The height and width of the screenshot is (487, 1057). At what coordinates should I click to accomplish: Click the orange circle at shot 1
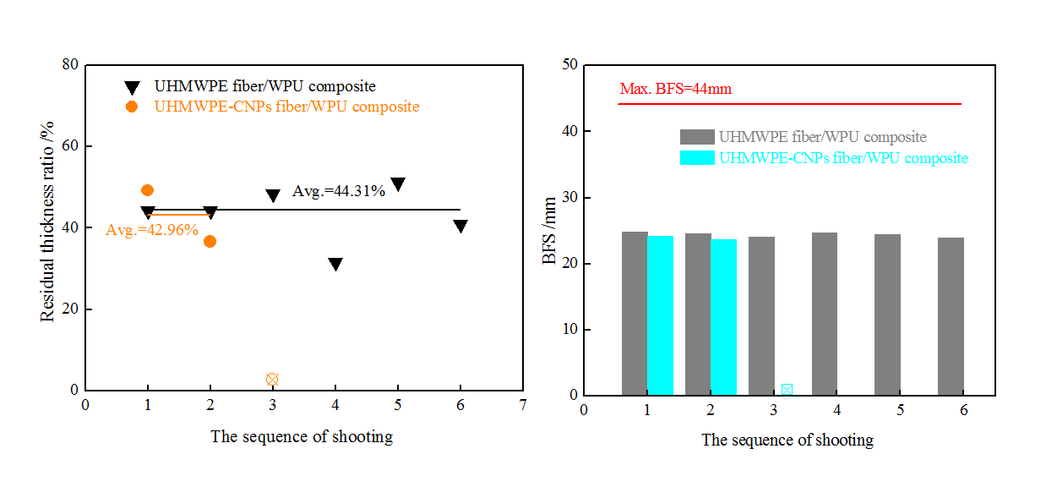click(x=148, y=190)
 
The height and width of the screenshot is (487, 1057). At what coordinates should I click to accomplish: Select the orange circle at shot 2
click(x=210, y=241)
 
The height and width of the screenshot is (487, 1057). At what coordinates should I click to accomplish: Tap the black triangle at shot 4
click(x=335, y=265)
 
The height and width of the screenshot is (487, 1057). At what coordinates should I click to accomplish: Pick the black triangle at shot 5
click(x=398, y=184)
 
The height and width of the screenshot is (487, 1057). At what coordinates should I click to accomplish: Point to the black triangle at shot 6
click(x=460, y=226)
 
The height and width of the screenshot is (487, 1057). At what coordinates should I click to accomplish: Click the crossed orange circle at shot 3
click(x=272, y=380)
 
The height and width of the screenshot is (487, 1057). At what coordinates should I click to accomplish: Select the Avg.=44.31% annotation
click(x=339, y=191)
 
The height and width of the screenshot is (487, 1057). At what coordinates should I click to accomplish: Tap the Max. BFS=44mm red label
click(x=675, y=89)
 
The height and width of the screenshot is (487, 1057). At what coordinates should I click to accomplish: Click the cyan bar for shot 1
click(x=660, y=315)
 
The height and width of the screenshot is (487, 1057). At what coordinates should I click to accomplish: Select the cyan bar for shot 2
click(x=723, y=317)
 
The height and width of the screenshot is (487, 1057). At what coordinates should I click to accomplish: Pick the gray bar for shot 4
click(x=824, y=314)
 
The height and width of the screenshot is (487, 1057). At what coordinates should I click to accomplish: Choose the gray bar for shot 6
click(x=951, y=316)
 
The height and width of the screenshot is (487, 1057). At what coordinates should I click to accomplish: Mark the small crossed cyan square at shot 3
click(x=787, y=390)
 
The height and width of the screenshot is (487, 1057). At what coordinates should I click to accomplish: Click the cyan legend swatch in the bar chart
click(x=697, y=158)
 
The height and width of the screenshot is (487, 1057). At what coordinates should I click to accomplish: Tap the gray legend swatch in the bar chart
click(x=697, y=137)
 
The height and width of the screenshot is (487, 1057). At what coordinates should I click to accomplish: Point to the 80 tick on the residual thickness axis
click(x=70, y=65)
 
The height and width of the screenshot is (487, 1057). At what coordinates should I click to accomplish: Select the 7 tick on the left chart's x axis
click(x=523, y=405)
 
